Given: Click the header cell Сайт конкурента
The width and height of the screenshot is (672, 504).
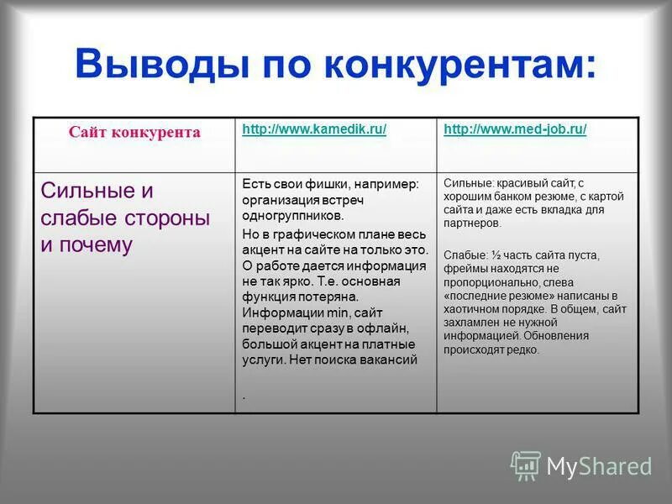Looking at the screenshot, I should [135, 133].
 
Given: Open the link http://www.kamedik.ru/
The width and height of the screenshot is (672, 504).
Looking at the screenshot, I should [314, 130].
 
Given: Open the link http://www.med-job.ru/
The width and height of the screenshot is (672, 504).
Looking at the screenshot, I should [515, 130].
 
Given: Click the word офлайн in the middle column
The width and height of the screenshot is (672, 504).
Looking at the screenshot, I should [386, 328].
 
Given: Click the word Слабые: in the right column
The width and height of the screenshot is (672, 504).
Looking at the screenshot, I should [465, 255].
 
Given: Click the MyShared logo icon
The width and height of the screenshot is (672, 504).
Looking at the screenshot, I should [526, 465].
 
